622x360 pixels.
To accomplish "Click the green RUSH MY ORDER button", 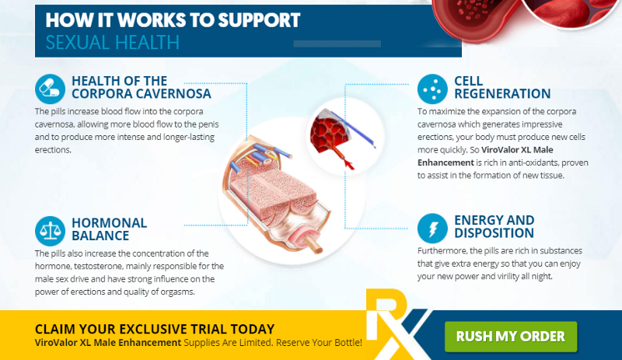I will click(510, 336).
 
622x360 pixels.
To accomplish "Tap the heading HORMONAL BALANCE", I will click(109, 229).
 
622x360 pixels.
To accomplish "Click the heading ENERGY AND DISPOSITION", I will click(494, 226).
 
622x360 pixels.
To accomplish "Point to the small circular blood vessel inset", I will click(334, 137).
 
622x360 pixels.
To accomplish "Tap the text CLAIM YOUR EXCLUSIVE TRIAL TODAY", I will click(155, 328).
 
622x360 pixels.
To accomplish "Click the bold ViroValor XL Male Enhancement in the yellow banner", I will click(108, 342).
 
